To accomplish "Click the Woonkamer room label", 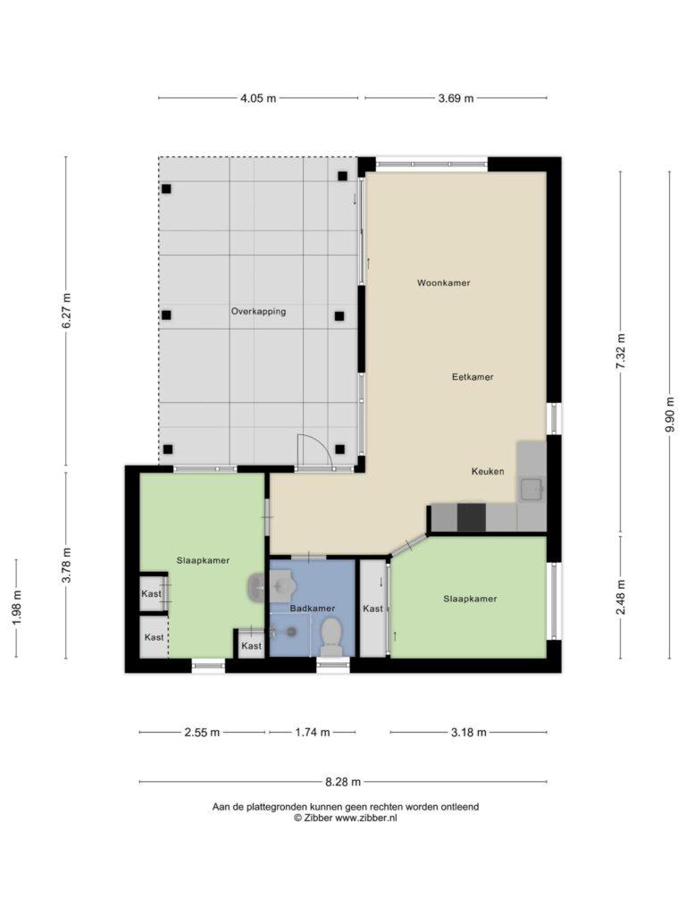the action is pos(443,283).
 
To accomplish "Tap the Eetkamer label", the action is pos(473,377).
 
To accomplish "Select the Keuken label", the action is pos(488,472).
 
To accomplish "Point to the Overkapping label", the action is pos(258,312).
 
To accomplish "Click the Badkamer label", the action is pos(313,608).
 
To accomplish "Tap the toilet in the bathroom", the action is pos(331,637).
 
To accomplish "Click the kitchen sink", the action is pos(531,490).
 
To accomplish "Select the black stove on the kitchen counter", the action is pos(472,517).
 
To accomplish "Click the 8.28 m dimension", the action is pos(343,782).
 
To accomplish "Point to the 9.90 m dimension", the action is pos(670,415).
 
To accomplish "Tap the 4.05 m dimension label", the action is pos(258,98).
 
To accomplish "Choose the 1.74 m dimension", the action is pos(313,733).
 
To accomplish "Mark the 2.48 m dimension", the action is pos(621,597).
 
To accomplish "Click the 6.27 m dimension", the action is pos(66,310).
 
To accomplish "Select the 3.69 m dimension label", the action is pos(456,98).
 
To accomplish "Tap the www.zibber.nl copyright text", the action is pos(346,818).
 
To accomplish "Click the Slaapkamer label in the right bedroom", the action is pos(470,599).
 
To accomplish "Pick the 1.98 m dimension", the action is pos(16,608).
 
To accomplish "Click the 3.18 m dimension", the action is pos(468,733).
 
